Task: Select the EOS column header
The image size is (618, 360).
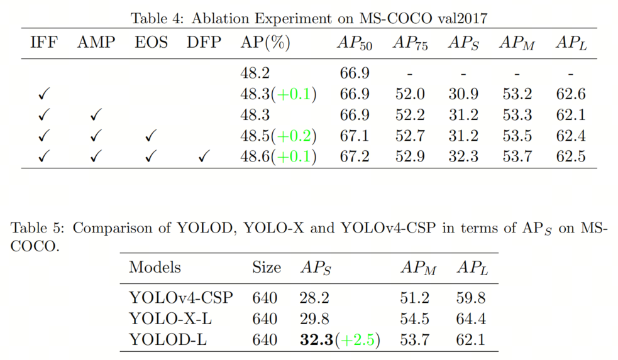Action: pos(152,43)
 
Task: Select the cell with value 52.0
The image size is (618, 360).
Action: pos(410,95)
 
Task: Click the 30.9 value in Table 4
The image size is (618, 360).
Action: pos(463,95)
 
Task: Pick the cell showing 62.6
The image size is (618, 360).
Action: pos(571,95)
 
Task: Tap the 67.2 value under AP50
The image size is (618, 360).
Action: pos(355,156)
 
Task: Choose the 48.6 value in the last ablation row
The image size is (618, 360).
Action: pos(255,156)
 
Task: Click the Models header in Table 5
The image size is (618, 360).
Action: pos(155,267)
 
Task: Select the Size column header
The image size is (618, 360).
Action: pos(266,267)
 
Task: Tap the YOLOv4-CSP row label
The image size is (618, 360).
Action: pos(180,298)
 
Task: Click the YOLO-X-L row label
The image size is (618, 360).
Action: pos(170,319)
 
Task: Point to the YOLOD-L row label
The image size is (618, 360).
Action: pos(167,340)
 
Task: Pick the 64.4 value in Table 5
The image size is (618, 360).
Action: pos(471,319)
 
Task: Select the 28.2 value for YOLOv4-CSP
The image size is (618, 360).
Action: pos(314,298)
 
